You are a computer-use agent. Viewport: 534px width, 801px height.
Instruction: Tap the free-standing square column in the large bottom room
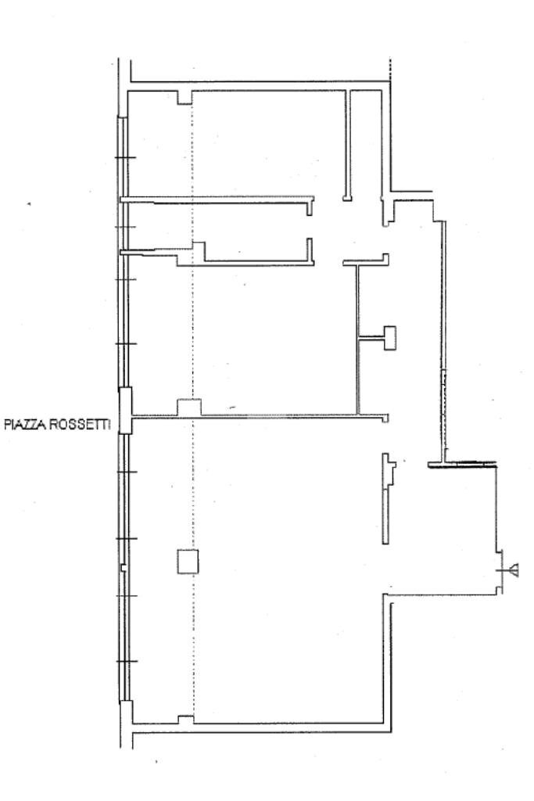click(x=187, y=562)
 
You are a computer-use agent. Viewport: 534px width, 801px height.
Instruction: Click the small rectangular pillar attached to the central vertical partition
click(x=390, y=337)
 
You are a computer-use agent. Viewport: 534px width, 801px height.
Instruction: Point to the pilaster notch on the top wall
click(x=185, y=97)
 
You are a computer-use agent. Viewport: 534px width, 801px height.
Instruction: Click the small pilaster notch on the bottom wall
click(x=185, y=720)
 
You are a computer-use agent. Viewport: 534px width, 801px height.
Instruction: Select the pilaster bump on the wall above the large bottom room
click(x=189, y=408)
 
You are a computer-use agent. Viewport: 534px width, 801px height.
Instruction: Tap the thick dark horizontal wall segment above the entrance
click(x=462, y=465)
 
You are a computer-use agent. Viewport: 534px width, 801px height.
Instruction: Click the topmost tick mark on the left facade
click(x=125, y=160)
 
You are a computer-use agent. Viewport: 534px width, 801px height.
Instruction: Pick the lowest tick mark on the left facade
click(x=125, y=663)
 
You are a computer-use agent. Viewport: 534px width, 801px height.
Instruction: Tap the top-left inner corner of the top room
click(x=129, y=93)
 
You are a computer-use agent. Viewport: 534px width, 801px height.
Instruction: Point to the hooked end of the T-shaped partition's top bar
click(x=386, y=258)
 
